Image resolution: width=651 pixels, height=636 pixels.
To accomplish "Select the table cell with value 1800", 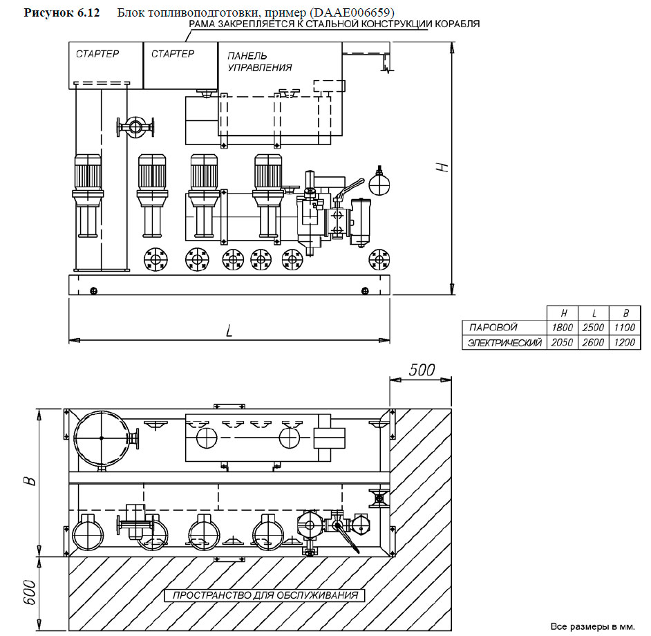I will coord(560,328).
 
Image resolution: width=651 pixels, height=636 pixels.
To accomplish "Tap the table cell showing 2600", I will coord(592,342).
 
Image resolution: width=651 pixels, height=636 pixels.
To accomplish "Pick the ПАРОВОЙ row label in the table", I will coord(494,328).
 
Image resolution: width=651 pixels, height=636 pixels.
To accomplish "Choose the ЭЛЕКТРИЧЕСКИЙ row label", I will coord(504,342).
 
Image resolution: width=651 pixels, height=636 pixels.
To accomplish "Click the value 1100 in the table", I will coord(623,328).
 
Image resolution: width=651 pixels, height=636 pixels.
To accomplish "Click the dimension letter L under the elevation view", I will coord(229,330).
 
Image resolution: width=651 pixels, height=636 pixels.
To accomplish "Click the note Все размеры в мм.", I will coord(592,626).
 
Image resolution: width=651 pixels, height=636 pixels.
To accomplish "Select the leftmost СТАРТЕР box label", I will coord(97,54).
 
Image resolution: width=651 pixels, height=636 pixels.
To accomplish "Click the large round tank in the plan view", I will coord(101,438).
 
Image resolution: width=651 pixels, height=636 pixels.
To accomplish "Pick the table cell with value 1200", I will coord(623,342).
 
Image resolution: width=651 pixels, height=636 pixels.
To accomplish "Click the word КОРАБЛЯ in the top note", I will coord(456,24).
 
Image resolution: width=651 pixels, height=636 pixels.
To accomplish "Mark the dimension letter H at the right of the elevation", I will coord(446,167).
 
